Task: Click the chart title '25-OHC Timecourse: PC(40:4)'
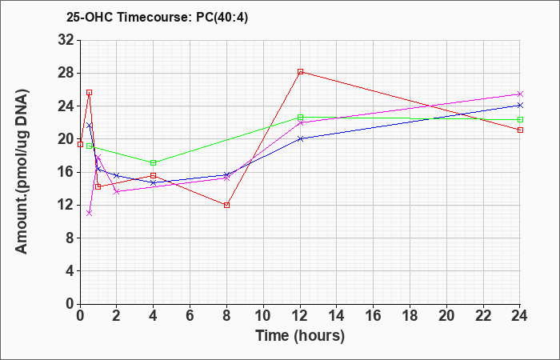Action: pyautogui.click(x=157, y=17)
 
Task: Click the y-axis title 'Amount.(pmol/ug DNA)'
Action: pyautogui.click(x=22, y=171)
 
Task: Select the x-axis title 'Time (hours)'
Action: pyautogui.click(x=300, y=336)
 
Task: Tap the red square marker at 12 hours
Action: pyautogui.click(x=300, y=72)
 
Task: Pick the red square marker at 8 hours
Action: pyautogui.click(x=226, y=205)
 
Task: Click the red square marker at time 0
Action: pyautogui.click(x=80, y=145)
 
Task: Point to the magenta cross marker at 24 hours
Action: pyautogui.click(x=520, y=94)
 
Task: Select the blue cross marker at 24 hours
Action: pyautogui.click(x=520, y=106)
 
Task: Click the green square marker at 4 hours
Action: pyautogui.click(x=154, y=163)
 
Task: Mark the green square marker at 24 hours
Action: pyautogui.click(x=520, y=120)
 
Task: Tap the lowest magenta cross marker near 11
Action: pyautogui.click(x=90, y=214)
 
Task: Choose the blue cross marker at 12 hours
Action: pyautogui.click(x=300, y=139)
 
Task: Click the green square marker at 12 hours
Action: pyautogui.click(x=300, y=117)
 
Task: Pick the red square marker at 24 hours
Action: pyautogui.click(x=520, y=130)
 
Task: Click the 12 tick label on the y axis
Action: pyautogui.click(x=66, y=205)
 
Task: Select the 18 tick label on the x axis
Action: pyautogui.click(x=410, y=316)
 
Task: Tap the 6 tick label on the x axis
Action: pyautogui.click(x=190, y=316)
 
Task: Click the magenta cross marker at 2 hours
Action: pyautogui.click(x=117, y=192)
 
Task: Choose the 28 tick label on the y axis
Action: pyautogui.click(x=66, y=74)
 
